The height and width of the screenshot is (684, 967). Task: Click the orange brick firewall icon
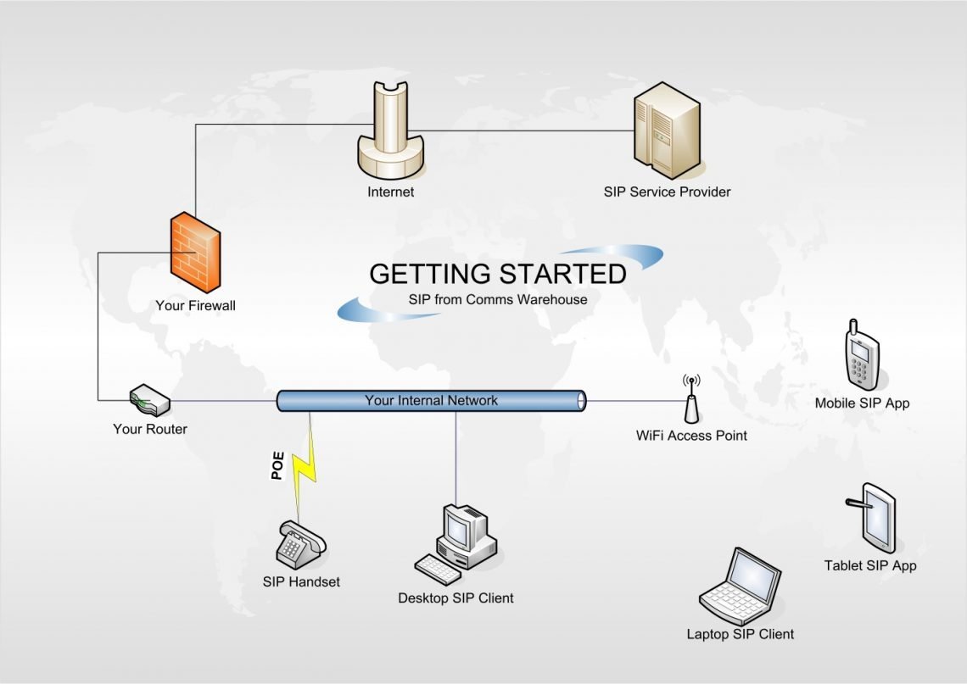pyautogui.click(x=195, y=253)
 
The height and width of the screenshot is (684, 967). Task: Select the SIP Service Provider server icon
pyautogui.click(x=667, y=131)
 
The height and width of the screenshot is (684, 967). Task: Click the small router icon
pyautogui.click(x=150, y=400)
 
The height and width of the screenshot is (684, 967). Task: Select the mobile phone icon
pyautogui.click(x=861, y=354)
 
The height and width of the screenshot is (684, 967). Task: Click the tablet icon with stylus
pyautogui.click(x=874, y=516)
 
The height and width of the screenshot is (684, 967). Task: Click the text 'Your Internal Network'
pyautogui.click(x=431, y=400)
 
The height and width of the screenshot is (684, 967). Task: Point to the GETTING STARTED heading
pyautogui.click(x=498, y=274)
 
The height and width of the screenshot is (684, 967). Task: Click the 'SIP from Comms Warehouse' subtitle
pyautogui.click(x=498, y=299)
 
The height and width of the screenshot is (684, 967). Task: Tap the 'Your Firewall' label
pyautogui.click(x=195, y=305)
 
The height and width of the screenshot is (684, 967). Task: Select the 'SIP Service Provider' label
pyautogui.click(x=667, y=192)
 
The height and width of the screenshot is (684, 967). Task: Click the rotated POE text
pyautogui.click(x=277, y=467)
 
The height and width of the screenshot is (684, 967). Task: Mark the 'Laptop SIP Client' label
pyautogui.click(x=741, y=634)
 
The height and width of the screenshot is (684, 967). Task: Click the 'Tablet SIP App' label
pyautogui.click(x=870, y=565)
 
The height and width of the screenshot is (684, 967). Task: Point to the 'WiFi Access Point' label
pyautogui.click(x=691, y=436)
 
